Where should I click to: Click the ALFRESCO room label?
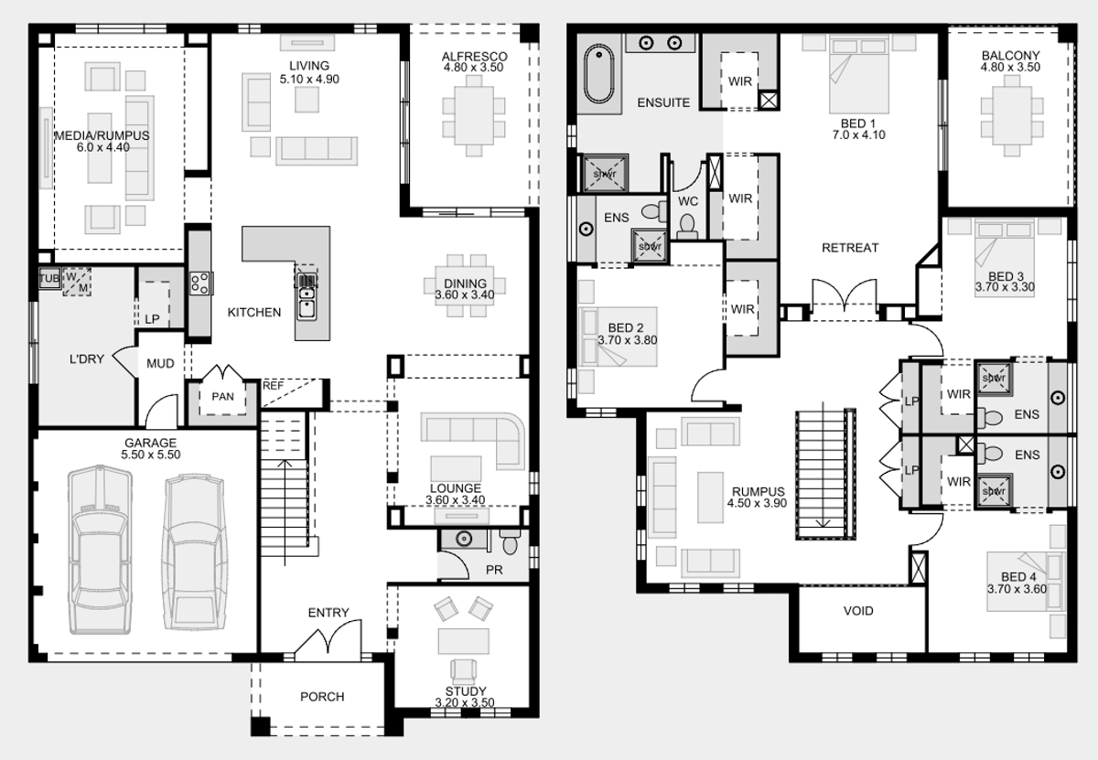(x=474, y=57)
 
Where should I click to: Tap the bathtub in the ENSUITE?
(x=598, y=74)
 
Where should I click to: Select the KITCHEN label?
(x=254, y=312)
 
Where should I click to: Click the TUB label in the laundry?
(x=49, y=279)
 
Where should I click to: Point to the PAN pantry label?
(x=222, y=396)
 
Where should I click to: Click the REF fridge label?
(x=273, y=386)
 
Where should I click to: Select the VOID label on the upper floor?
(x=858, y=611)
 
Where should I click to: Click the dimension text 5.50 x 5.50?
(x=151, y=455)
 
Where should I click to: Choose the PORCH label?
(x=322, y=696)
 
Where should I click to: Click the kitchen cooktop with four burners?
(x=200, y=284)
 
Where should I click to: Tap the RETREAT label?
(x=850, y=248)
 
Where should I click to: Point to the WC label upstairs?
(x=688, y=201)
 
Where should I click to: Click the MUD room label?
(x=160, y=364)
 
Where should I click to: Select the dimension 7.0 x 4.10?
(x=859, y=134)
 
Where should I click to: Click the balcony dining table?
(x=1012, y=115)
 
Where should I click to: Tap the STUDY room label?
(x=466, y=690)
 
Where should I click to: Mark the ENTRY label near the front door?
(x=328, y=613)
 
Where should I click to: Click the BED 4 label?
(x=1018, y=577)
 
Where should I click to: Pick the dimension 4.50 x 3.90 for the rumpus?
(x=758, y=503)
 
